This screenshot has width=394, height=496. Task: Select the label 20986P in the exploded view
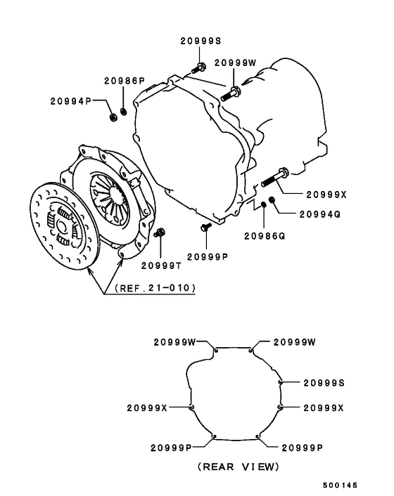[126, 81]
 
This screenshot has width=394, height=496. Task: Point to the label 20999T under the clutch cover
[160, 265]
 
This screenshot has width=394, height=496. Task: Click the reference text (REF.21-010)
[151, 287]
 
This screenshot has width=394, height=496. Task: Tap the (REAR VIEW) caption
[237, 466]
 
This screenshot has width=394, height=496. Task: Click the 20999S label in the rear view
[324, 382]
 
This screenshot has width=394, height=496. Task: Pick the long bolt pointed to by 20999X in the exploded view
[275, 177]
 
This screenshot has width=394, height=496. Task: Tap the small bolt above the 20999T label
[160, 233]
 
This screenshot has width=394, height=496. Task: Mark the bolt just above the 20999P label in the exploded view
[205, 227]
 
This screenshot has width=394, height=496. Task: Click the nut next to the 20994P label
[113, 115]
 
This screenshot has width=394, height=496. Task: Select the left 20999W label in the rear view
[174, 342]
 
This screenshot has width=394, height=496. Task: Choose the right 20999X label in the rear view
[324, 408]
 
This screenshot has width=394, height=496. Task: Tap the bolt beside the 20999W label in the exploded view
[230, 93]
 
